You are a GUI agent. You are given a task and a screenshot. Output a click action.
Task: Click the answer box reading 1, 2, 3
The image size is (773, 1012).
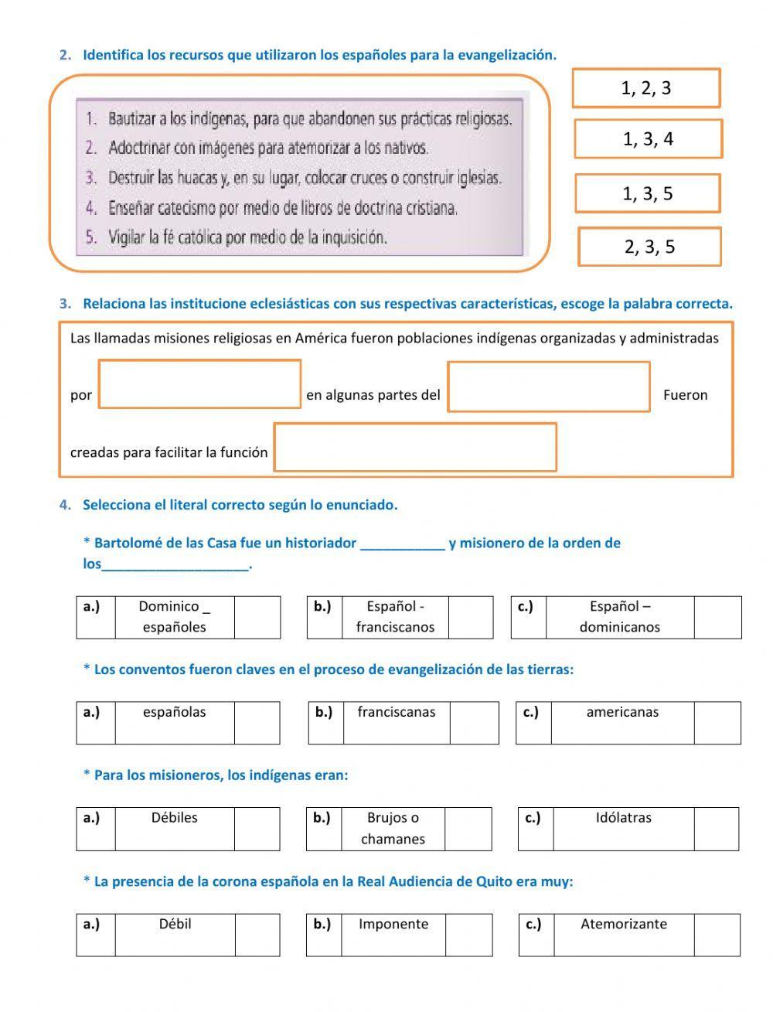pyautogui.click(x=646, y=88)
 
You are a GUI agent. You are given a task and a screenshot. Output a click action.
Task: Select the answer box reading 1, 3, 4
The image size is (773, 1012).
pyautogui.click(x=648, y=139)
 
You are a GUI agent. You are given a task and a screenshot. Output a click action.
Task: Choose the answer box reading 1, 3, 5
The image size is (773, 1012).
pyautogui.click(x=648, y=193)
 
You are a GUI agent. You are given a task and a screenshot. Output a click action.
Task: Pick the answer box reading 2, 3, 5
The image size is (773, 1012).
pyautogui.click(x=649, y=247)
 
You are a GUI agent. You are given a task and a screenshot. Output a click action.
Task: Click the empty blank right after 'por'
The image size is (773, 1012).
pyautogui.click(x=200, y=384)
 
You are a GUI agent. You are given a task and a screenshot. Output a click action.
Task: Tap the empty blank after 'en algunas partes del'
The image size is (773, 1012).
pyautogui.click(x=549, y=387)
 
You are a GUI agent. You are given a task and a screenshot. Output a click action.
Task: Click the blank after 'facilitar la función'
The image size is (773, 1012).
pyautogui.click(x=415, y=447)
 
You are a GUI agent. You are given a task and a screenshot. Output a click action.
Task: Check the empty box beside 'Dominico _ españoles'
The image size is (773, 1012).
pyautogui.click(x=257, y=617)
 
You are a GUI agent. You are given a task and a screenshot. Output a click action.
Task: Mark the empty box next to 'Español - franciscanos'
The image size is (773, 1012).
pyautogui.click(x=470, y=617)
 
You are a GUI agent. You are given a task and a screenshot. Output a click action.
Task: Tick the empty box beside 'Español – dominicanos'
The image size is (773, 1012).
pyautogui.click(x=717, y=617)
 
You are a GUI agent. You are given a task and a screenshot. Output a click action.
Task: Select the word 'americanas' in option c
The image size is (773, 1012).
pyautogui.click(x=622, y=712)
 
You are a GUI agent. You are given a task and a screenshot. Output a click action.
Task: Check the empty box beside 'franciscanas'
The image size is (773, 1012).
pyautogui.click(x=474, y=723)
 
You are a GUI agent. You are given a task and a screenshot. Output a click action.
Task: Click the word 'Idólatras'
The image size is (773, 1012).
pyautogui.click(x=623, y=817)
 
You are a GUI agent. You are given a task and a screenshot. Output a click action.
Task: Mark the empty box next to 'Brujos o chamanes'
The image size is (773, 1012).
pyautogui.click(x=468, y=829)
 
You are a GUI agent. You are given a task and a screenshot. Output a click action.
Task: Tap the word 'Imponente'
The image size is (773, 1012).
pyautogui.click(x=393, y=924)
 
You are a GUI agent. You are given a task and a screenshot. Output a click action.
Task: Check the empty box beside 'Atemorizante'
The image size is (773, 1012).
pyautogui.click(x=717, y=935)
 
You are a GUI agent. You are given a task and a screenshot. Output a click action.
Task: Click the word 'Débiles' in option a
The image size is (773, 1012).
pyautogui.click(x=175, y=817)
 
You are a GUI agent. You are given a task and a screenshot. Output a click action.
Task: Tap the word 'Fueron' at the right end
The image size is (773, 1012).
pyautogui.click(x=685, y=395)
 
